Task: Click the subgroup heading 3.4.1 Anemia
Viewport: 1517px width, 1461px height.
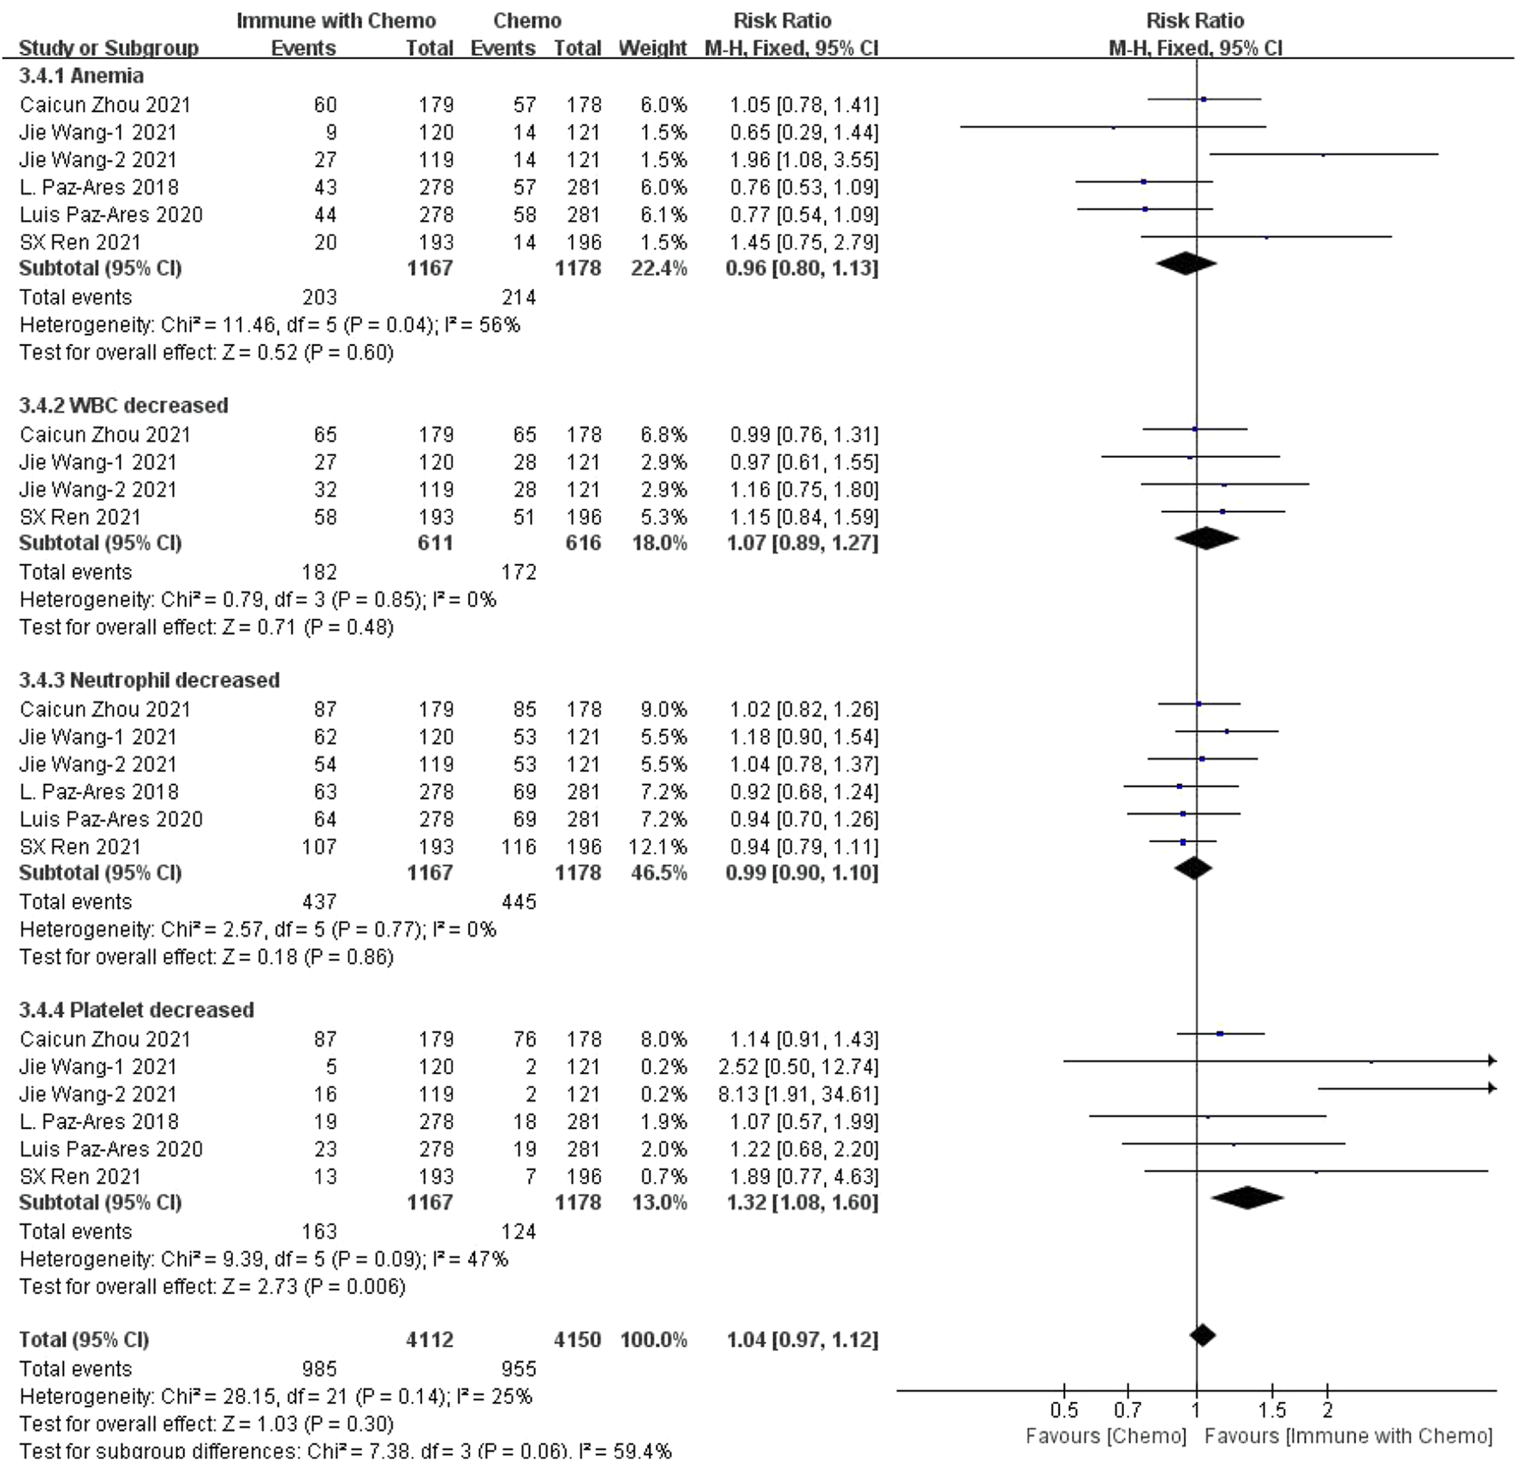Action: click(x=81, y=76)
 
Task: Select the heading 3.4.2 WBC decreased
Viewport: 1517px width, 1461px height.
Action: click(x=123, y=405)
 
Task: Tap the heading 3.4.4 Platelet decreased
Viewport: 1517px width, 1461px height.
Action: click(x=136, y=1010)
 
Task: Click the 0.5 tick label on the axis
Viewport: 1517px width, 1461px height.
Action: click(x=1064, y=1410)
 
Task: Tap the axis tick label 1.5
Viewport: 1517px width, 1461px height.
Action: click(x=1272, y=1410)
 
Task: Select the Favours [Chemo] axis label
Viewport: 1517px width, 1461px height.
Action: click(x=1105, y=1435)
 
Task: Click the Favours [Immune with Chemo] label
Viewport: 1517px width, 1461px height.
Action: click(x=1347, y=1435)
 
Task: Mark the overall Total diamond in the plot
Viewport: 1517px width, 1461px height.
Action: click(x=1203, y=1335)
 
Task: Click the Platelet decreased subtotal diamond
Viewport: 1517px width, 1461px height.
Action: click(x=1247, y=1197)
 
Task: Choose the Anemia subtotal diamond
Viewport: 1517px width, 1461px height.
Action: click(x=1186, y=264)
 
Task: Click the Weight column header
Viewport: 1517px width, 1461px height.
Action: click(x=652, y=48)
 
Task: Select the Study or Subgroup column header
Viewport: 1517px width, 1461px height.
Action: click(x=109, y=48)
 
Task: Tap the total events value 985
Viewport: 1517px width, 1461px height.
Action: click(x=319, y=1369)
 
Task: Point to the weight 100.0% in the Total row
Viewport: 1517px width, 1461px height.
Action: click(x=653, y=1339)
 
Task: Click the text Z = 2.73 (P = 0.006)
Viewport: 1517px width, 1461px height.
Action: click(x=313, y=1286)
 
